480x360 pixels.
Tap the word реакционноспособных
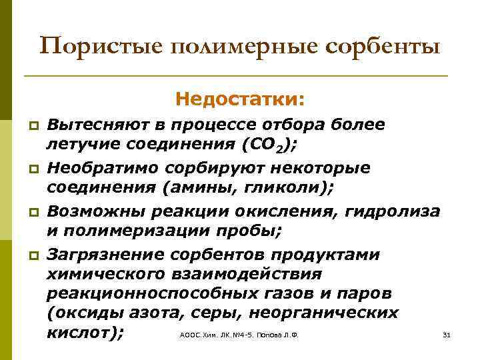[157, 294]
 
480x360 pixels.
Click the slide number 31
[447, 335]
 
